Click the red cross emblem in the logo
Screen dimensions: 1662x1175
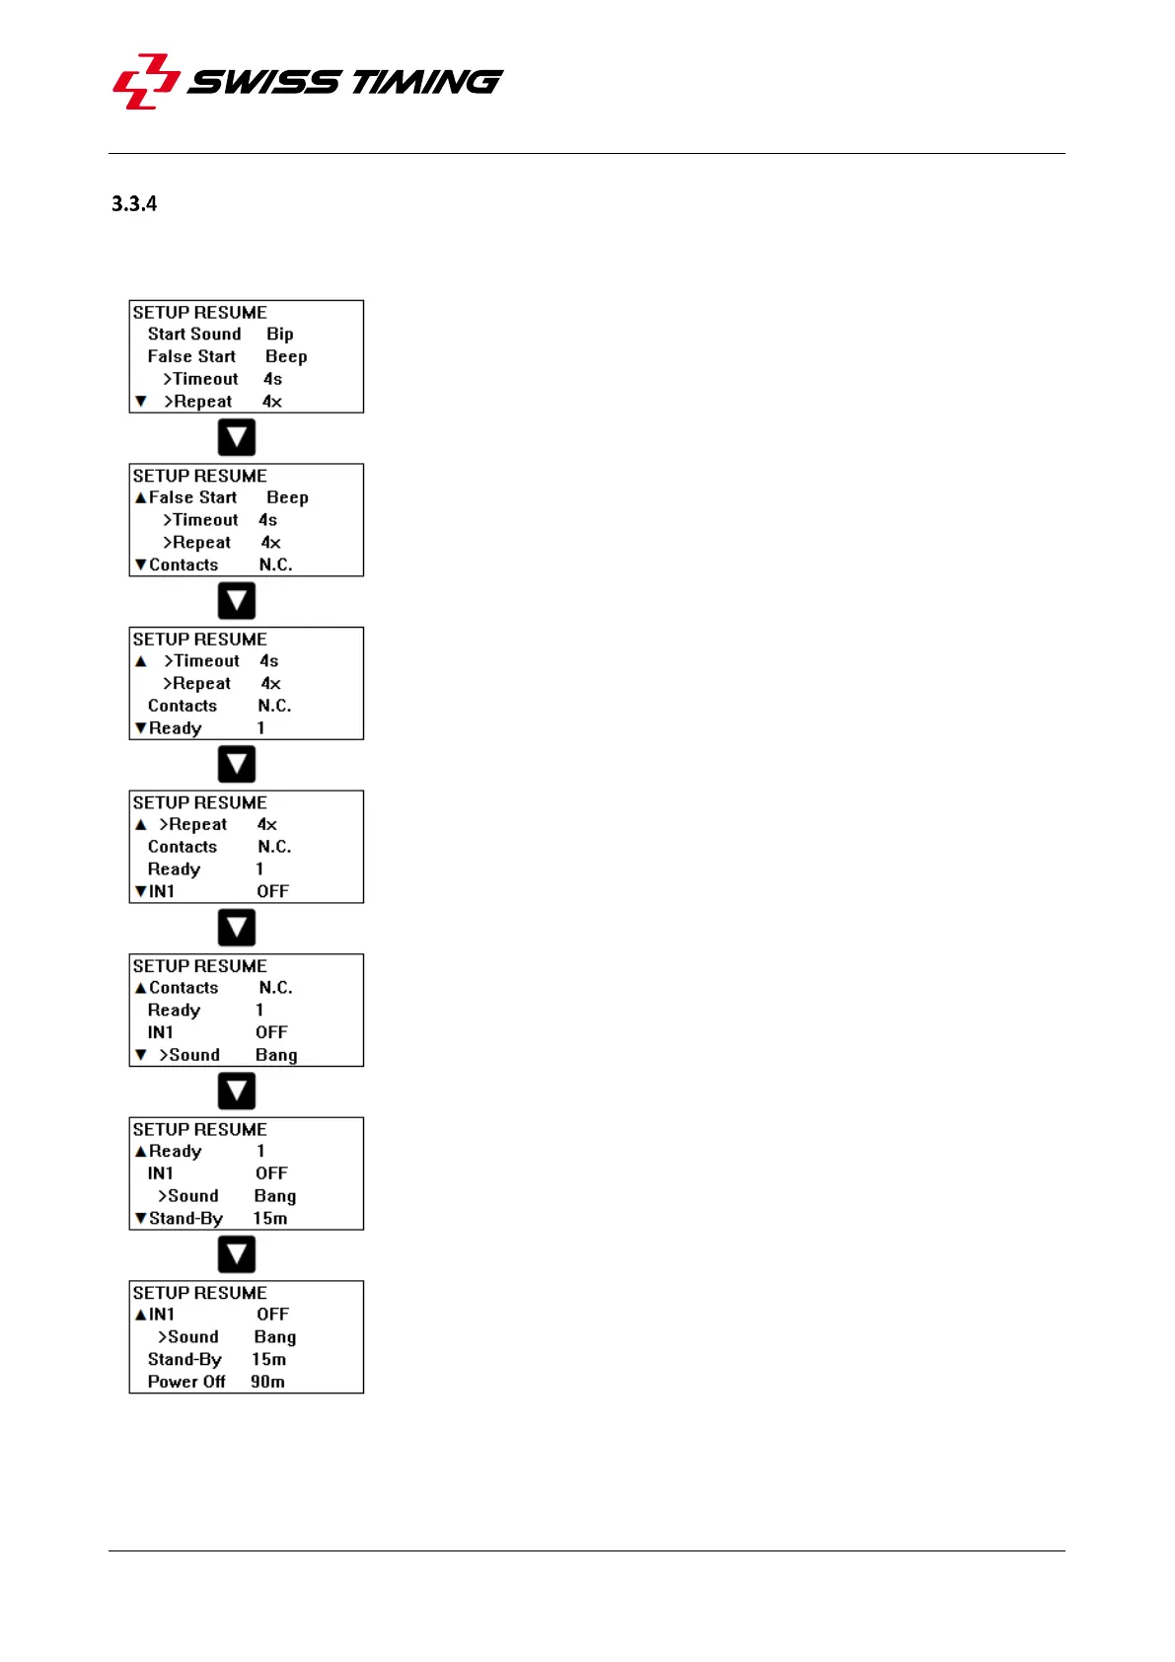click(x=146, y=81)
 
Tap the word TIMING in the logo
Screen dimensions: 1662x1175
click(x=426, y=81)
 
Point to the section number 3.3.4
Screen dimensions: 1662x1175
click(x=134, y=204)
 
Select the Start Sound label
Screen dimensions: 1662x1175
click(x=194, y=335)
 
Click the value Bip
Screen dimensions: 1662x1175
click(x=279, y=335)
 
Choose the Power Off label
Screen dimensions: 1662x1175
click(x=186, y=1382)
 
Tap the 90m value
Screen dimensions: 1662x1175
click(x=267, y=1382)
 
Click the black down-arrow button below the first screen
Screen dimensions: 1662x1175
click(x=237, y=437)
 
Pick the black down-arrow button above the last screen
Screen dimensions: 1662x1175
click(x=237, y=1254)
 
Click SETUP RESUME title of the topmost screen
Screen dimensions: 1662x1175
click(x=199, y=312)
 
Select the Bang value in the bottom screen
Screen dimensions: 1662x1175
click(x=274, y=1337)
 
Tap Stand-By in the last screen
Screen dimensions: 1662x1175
click(x=184, y=1360)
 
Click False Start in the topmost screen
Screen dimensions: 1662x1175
click(x=191, y=357)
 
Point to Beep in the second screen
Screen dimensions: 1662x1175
click(x=287, y=498)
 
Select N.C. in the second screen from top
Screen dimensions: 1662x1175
click(x=275, y=566)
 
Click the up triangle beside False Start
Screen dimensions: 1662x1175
click(x=140, y=498)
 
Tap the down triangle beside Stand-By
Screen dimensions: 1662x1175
click(x=140, y=1219)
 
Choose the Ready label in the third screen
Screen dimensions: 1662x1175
click(x=176, y=728)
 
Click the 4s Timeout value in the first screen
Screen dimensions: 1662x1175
click(x=272, y=379)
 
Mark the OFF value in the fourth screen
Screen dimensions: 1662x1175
click(x=272, y=892)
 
